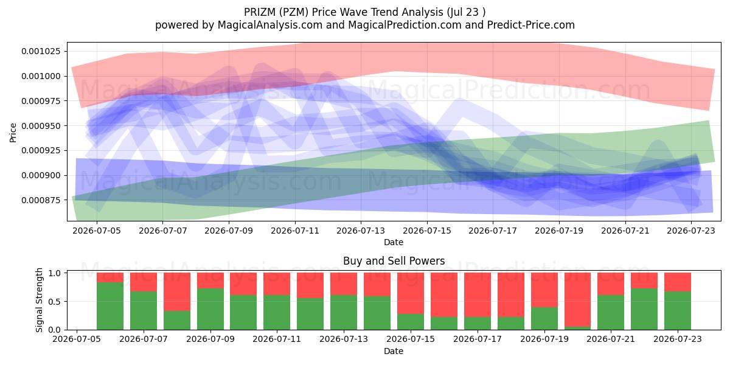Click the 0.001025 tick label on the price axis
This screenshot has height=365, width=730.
tap(41, 51)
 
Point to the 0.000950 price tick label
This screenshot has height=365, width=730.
tap(41, 126)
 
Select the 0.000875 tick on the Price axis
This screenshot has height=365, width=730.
tap(41, 200)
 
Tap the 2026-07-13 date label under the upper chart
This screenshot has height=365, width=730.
tap(360, 231)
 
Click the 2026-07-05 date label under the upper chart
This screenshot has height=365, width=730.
tap(97, 231)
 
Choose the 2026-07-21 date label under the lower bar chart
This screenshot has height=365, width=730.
tap(611, 339)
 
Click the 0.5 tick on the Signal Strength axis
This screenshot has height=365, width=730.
tap(56, 302)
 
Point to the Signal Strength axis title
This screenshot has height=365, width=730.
tap(39, 300)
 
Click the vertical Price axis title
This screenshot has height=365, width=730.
tap(13, 133)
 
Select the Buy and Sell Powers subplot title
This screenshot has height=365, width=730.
tap(394, 261)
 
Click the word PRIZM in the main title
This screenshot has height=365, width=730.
tap(260, 12)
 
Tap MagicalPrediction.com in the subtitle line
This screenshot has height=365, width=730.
tap(405, 25)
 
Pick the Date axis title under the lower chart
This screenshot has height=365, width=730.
tap(394, 351)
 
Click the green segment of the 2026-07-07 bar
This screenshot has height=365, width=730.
tap(144, 311)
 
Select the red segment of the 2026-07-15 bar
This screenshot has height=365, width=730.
tap(411, 293)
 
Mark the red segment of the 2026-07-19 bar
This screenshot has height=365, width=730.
tap(544, 290)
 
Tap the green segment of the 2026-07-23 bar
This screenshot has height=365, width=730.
tap(678, 311)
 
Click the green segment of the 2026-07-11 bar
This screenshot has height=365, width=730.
tap(277, 313)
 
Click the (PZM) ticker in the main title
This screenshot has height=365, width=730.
tap(294, 12)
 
